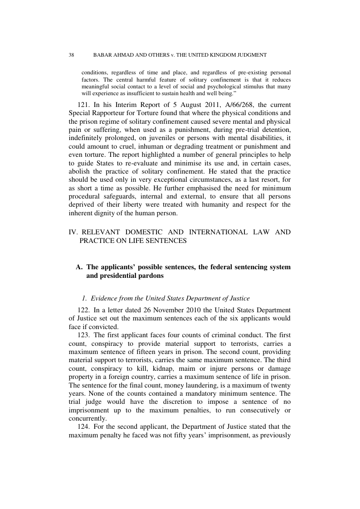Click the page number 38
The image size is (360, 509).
(72, 55)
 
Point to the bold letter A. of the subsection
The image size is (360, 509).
(79, 267)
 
